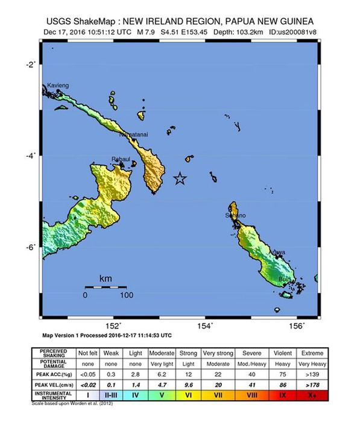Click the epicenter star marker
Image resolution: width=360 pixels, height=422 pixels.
[x=179, y=178]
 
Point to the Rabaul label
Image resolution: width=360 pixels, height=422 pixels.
[x=122, y=159]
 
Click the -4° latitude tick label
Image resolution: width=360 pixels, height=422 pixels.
[x=30, y=156]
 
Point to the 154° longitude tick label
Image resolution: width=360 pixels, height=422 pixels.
[x=206, y=326]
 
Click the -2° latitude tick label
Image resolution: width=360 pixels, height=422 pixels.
[x=30, y=64]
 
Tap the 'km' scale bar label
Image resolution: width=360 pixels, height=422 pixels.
[x=106, y=279]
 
